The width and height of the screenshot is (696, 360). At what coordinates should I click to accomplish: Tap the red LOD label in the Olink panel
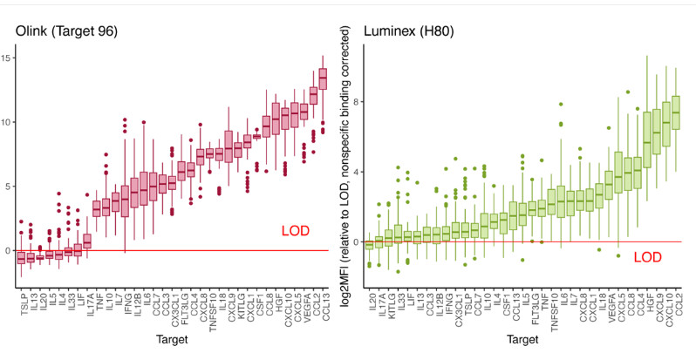coord(295,231)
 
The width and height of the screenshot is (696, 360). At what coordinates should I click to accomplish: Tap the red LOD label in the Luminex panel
coord(646,257)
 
